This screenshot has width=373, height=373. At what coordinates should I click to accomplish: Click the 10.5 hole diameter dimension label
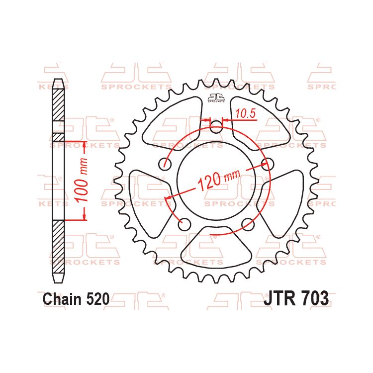245,114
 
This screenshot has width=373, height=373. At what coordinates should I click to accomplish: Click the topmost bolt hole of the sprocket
216,126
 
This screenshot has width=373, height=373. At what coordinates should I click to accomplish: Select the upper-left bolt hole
165,164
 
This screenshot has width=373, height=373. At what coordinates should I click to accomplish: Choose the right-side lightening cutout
284,194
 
